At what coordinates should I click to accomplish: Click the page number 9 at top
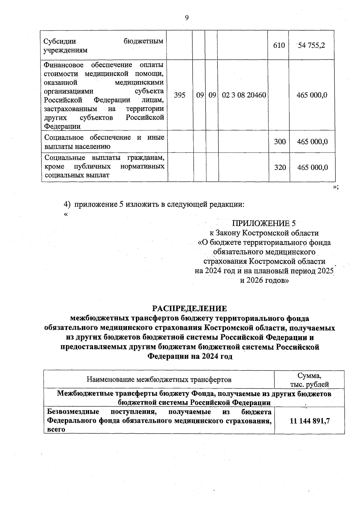point(187,18)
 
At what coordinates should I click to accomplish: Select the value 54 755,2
point(311,46)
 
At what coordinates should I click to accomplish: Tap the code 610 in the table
point(279,46)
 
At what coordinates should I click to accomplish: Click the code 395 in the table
point(179,95)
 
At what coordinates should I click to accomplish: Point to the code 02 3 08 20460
point(244,95)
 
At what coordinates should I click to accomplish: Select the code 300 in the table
point(280,142)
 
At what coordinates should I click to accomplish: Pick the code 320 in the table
point(280,168)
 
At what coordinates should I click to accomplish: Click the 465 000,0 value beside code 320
point(312,168)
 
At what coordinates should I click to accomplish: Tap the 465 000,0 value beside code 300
point(312,142)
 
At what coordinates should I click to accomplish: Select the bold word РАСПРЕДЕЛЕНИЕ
point(190,309)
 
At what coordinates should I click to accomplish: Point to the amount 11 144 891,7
point(310,421)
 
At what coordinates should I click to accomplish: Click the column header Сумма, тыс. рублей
point(309,380)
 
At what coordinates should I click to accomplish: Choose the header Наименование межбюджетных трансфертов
point(159,380)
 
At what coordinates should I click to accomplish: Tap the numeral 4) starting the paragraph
point(67,205)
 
